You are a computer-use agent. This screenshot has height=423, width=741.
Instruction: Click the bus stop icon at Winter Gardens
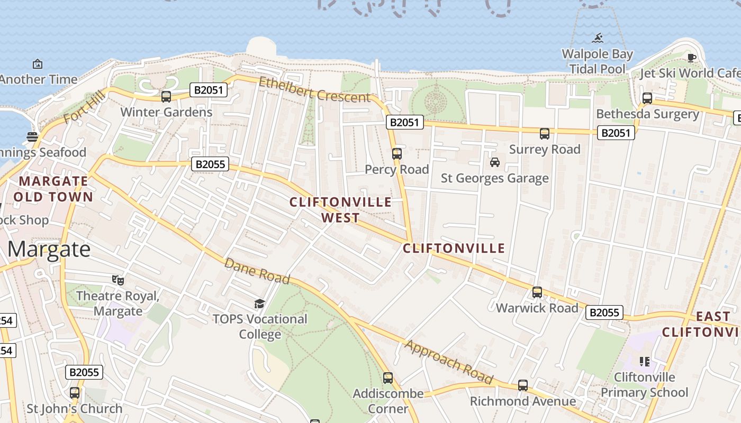pyautogui.click(x=166, y=97)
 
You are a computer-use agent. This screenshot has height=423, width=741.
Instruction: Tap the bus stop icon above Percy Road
pyautogui.click(x=397, y=154)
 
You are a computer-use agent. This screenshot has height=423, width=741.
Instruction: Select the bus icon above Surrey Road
pyautogui.click(x=545, y=134)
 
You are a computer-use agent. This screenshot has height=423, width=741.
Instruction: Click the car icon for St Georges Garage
pyautogui.click(x=495, y=162)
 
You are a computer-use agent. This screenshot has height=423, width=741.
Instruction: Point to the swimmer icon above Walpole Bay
pyautogui.click(x=598, y=38)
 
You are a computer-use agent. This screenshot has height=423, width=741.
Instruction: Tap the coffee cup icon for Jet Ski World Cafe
pyautogui.click(x=691, y=58)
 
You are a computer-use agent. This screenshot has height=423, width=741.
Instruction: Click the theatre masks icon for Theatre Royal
pyautogui.click(x=118, y=280)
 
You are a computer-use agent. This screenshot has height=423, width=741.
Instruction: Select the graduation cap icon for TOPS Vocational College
pyautogui.click(x=259, y=304)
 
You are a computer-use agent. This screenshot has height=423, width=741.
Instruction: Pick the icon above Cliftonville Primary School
pyautogui.click(x=645, y=362)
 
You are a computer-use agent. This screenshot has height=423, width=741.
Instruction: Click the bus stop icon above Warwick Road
pyautogui.click(x=537, y=292)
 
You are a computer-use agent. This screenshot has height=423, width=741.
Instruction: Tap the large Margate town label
pyautogui.click(x=49, y=249)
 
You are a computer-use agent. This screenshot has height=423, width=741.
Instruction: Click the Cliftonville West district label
pyautogui.click(x=341, y=209)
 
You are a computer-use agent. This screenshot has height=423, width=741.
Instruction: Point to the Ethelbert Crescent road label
pyautogui.click(x=314, y=90)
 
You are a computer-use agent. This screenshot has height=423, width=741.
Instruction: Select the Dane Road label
pyautogui.click(x=257, y=271)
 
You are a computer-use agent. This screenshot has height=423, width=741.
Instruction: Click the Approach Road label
pyautogui.click(x=449, y=362)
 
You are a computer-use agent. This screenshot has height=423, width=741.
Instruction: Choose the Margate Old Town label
pyautogui.click(x=53, y=189)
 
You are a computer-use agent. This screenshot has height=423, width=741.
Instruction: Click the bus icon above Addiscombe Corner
pyautogui.click(x=388, y=378)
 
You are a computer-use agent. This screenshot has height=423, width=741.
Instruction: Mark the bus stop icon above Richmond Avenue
pyautogui.click(x=523, y=385)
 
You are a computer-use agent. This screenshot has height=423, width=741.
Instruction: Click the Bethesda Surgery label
pyautogui.click(x=647, y=114)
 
